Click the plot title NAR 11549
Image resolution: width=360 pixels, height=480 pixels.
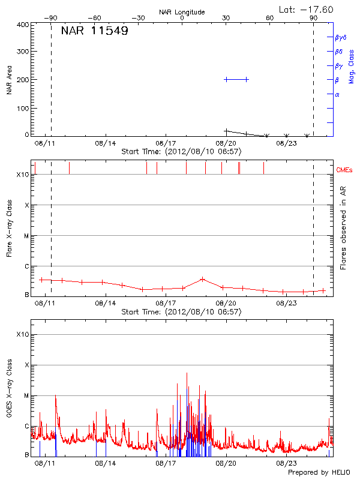click(x=94, y=31)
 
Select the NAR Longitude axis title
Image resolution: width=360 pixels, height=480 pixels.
click(x=182, y=12)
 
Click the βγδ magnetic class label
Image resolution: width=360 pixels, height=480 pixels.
click(x=340, y=37)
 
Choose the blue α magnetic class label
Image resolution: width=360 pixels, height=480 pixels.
click(x=337, y=94)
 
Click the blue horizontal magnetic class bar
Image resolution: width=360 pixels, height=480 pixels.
click(x=236, y=79)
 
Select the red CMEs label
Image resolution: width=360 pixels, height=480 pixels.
click(x=344, y=170)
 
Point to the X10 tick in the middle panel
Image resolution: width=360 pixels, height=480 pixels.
click(x=23, y=175)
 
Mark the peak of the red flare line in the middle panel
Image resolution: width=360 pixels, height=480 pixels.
click(x=203, y=279)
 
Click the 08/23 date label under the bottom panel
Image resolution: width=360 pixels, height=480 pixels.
click(x=286, y=463)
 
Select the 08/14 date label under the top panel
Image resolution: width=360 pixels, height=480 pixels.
click(x=106, y=143)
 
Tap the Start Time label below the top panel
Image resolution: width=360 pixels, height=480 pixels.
click(x=181, y=151)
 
